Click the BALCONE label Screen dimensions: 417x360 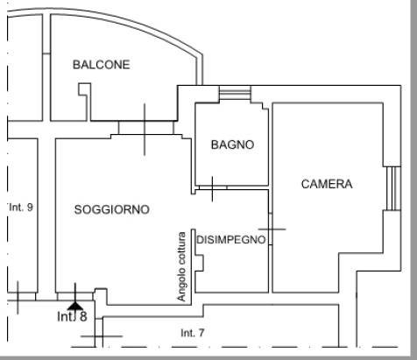point(102,65)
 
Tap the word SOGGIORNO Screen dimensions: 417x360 point(112,209)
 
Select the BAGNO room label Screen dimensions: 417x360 point(232,145)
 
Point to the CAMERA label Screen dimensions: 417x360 point(327,184)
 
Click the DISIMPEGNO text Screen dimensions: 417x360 point(231,240)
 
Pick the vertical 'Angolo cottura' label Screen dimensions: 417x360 point(181,266)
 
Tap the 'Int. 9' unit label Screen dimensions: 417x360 point(21,208)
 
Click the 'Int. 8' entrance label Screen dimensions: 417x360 point(72,316)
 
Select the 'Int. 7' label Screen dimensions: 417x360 point(193,333)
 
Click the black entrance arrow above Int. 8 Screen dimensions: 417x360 point(75,306)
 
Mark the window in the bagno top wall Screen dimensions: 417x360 point(235,93)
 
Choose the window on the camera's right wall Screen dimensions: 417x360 point(393,188)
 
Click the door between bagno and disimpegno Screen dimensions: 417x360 point(213,187)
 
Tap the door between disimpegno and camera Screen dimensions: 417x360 point(271,229)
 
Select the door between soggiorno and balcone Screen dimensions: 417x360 point(145,128)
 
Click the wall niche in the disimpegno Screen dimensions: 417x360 point(200,263)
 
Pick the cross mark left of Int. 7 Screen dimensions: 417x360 point(102,336)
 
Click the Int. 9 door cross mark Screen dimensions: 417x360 point(18,298)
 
